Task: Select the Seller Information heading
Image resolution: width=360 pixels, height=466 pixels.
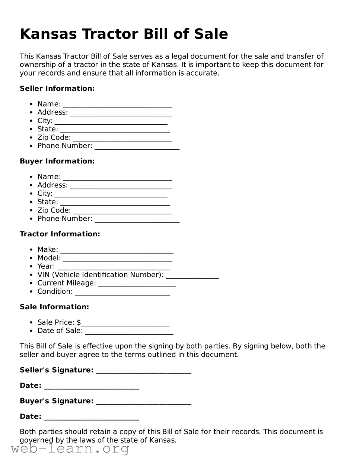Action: click(57, 89)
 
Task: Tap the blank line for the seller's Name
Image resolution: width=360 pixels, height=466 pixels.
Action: click(117, 105)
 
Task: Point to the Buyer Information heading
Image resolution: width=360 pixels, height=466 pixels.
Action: click(57, 161)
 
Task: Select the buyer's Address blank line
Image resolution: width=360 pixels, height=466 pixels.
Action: click(121, 186)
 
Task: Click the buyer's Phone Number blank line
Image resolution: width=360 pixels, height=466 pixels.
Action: click(137, 220)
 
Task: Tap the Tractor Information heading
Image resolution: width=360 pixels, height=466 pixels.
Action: click(60, 234)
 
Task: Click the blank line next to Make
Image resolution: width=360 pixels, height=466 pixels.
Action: click(117, 250)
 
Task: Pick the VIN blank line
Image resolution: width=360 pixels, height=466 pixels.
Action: click(192, 276)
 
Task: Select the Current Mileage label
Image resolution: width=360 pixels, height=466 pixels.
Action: click(66, 283)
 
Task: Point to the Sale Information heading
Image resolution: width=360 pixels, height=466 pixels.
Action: click(54, 307)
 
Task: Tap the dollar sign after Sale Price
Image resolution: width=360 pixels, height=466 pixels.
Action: click(79, 322)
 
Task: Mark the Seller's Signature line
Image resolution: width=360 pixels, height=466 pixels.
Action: click(143, 371)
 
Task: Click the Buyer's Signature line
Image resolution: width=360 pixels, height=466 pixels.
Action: click(143, 402)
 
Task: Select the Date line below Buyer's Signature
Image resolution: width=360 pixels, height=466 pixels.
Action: click(91, 418)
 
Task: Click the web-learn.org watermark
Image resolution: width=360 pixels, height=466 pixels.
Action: click(70, 449)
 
